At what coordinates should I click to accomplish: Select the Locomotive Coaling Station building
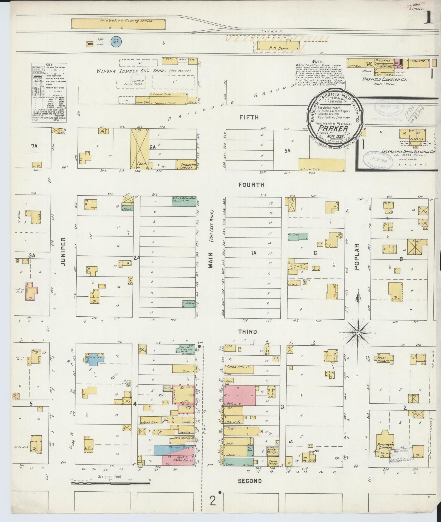(118, 24)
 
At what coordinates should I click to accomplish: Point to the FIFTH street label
(249, 117)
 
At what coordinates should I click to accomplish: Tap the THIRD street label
(247, 332)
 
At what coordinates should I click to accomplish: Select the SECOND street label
(250, 481)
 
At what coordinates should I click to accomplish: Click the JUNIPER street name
(63, 252)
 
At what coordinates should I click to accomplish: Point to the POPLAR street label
(356, 257)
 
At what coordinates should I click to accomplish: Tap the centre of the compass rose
(358, 332)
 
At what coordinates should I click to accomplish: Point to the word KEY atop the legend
(49, 65)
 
